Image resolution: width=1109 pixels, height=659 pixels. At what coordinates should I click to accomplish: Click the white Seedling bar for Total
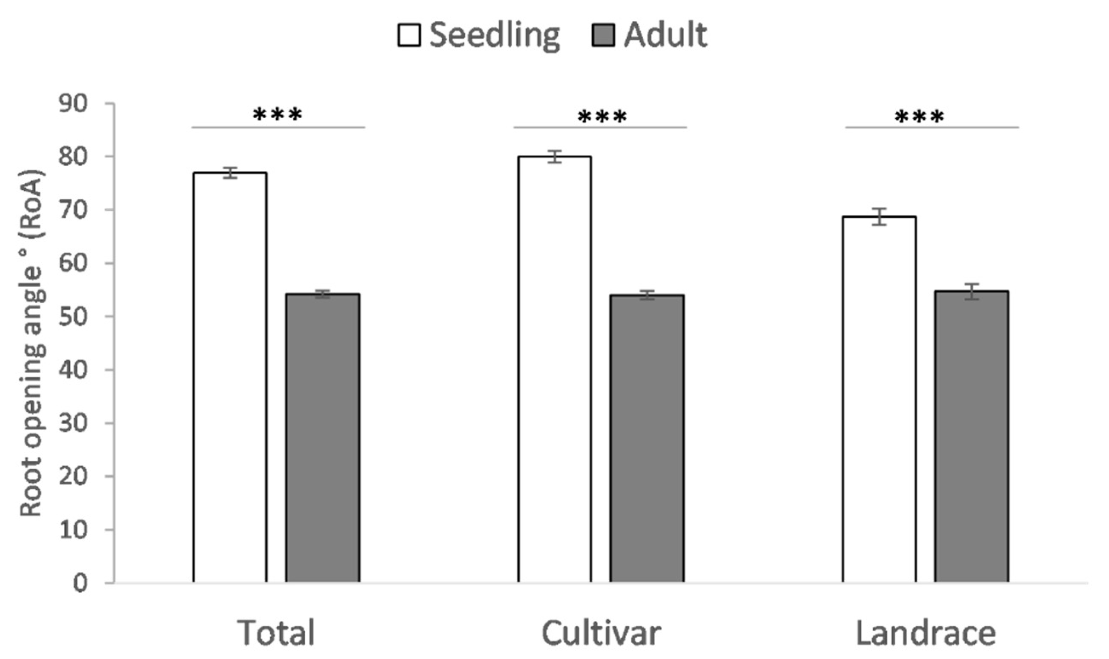[x=230, y=377]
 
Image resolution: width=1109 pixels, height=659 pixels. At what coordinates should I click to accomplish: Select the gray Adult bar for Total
[x=323, y=437]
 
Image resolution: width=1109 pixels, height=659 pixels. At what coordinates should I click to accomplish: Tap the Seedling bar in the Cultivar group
[x=554, y=368]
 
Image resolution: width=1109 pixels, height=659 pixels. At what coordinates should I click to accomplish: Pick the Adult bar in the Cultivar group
[x=647, y=437]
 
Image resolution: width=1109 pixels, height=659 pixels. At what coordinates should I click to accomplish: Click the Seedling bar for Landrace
[x=879, y=399]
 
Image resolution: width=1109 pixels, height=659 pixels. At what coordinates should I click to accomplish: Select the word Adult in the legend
[x=665, y=34]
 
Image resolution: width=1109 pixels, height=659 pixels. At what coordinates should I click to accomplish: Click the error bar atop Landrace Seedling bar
[x=879, y=217]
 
